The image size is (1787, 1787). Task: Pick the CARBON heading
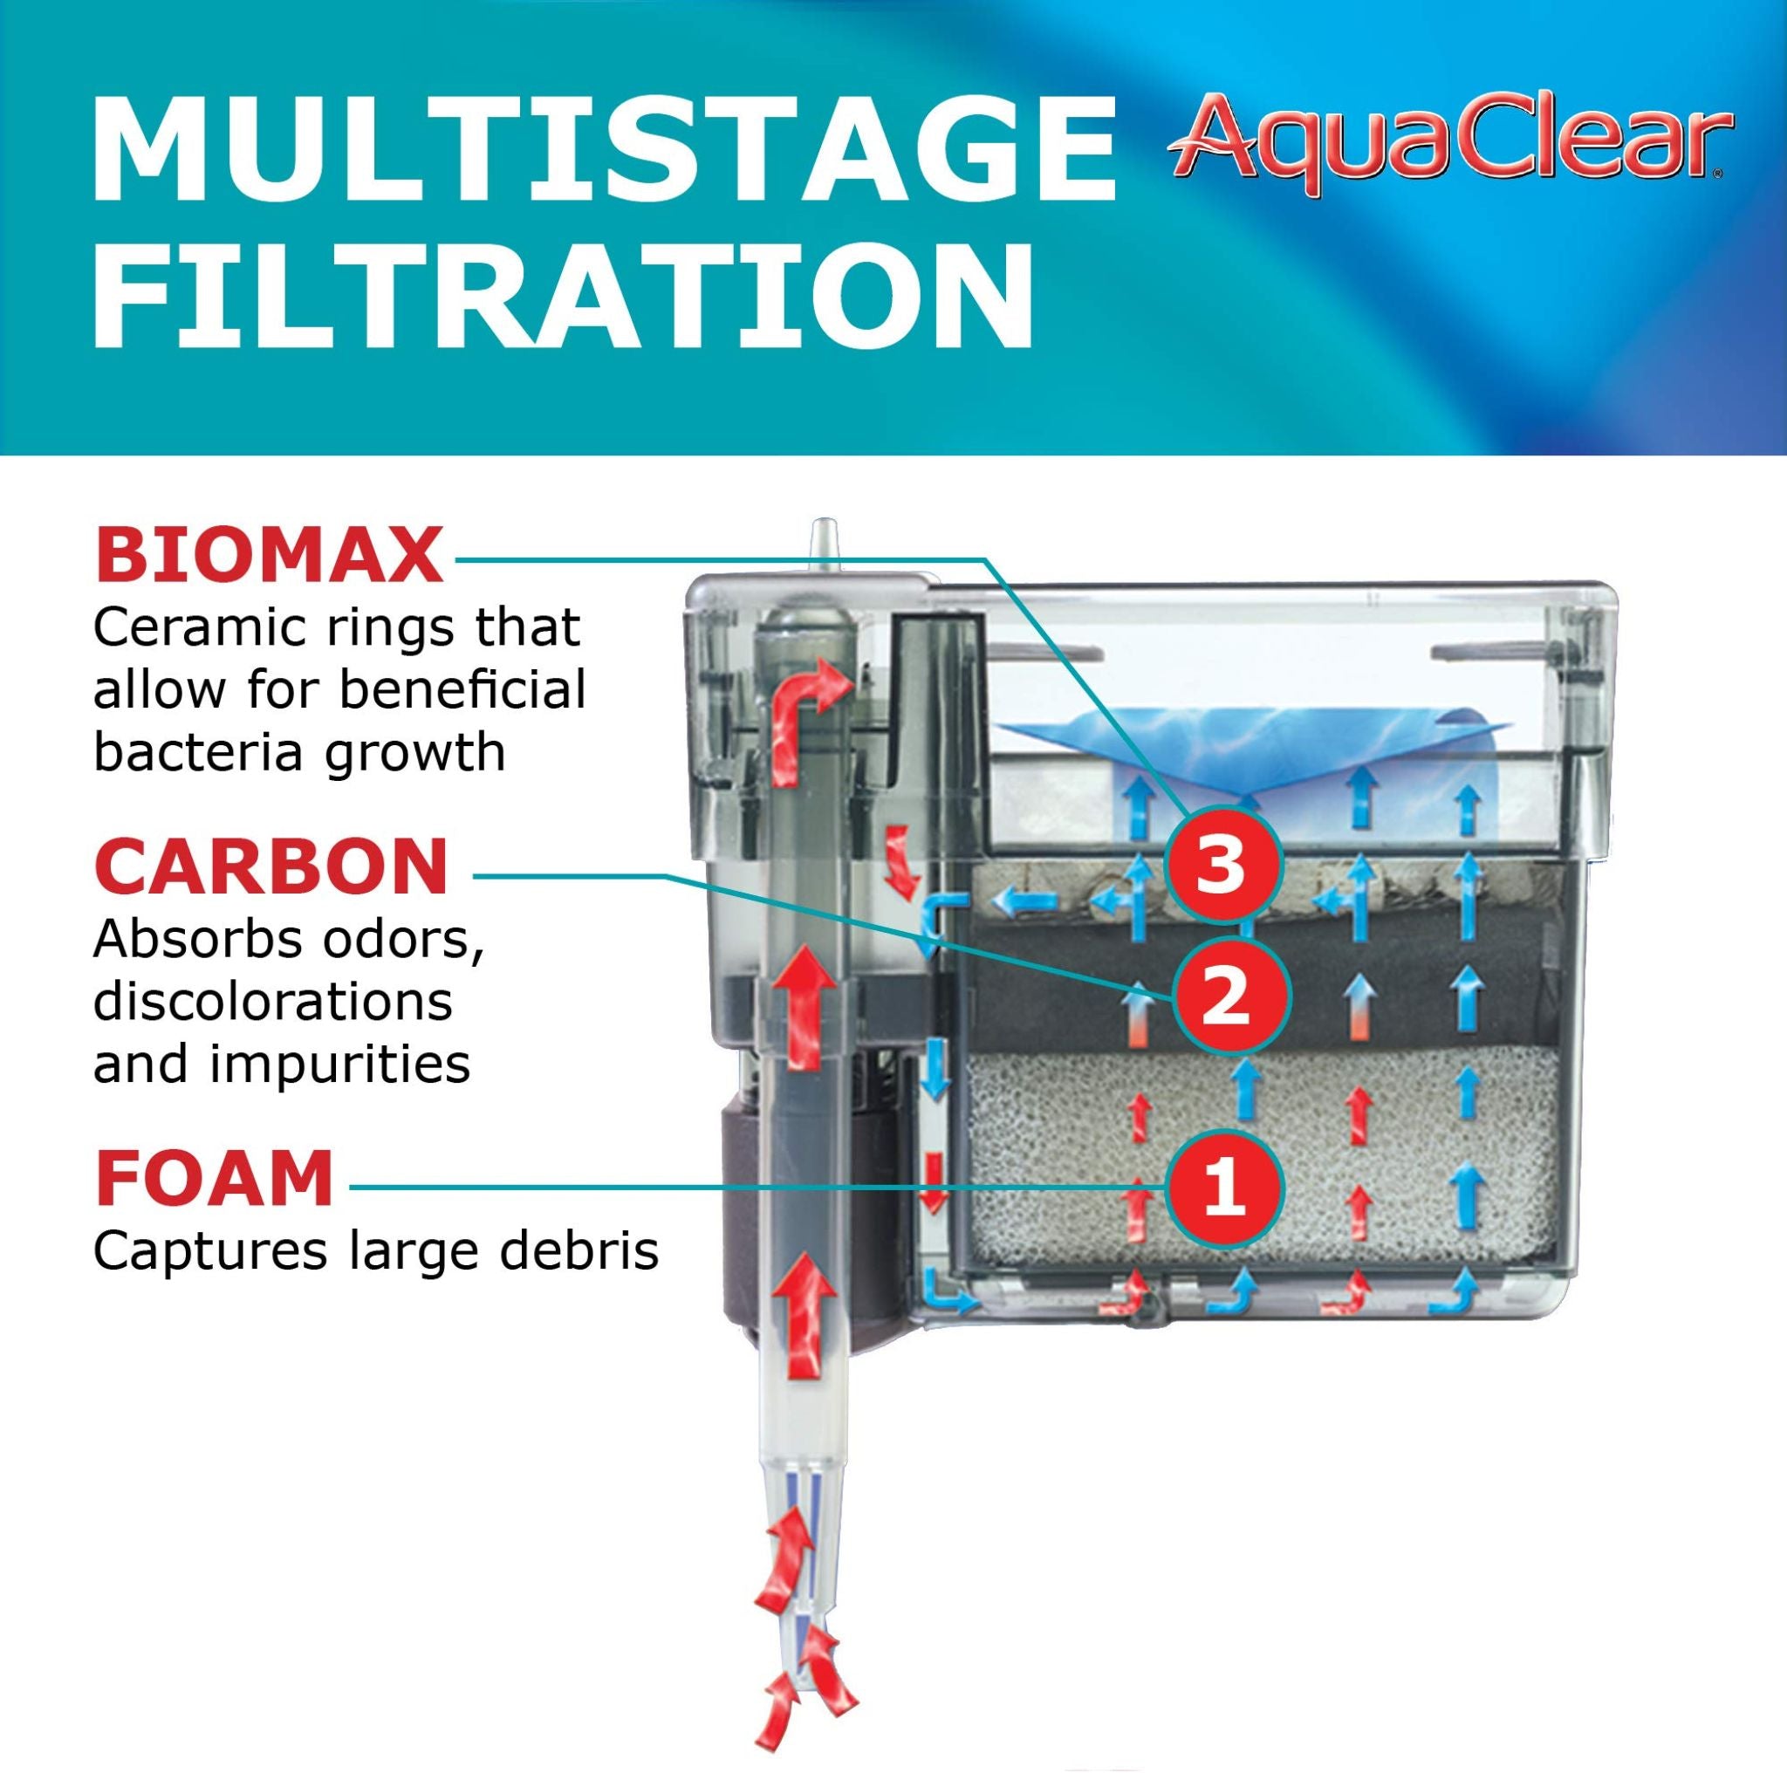click(271, 866)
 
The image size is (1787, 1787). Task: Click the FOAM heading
click(214, 1180)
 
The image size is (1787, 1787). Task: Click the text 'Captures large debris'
click(375, 1251)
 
